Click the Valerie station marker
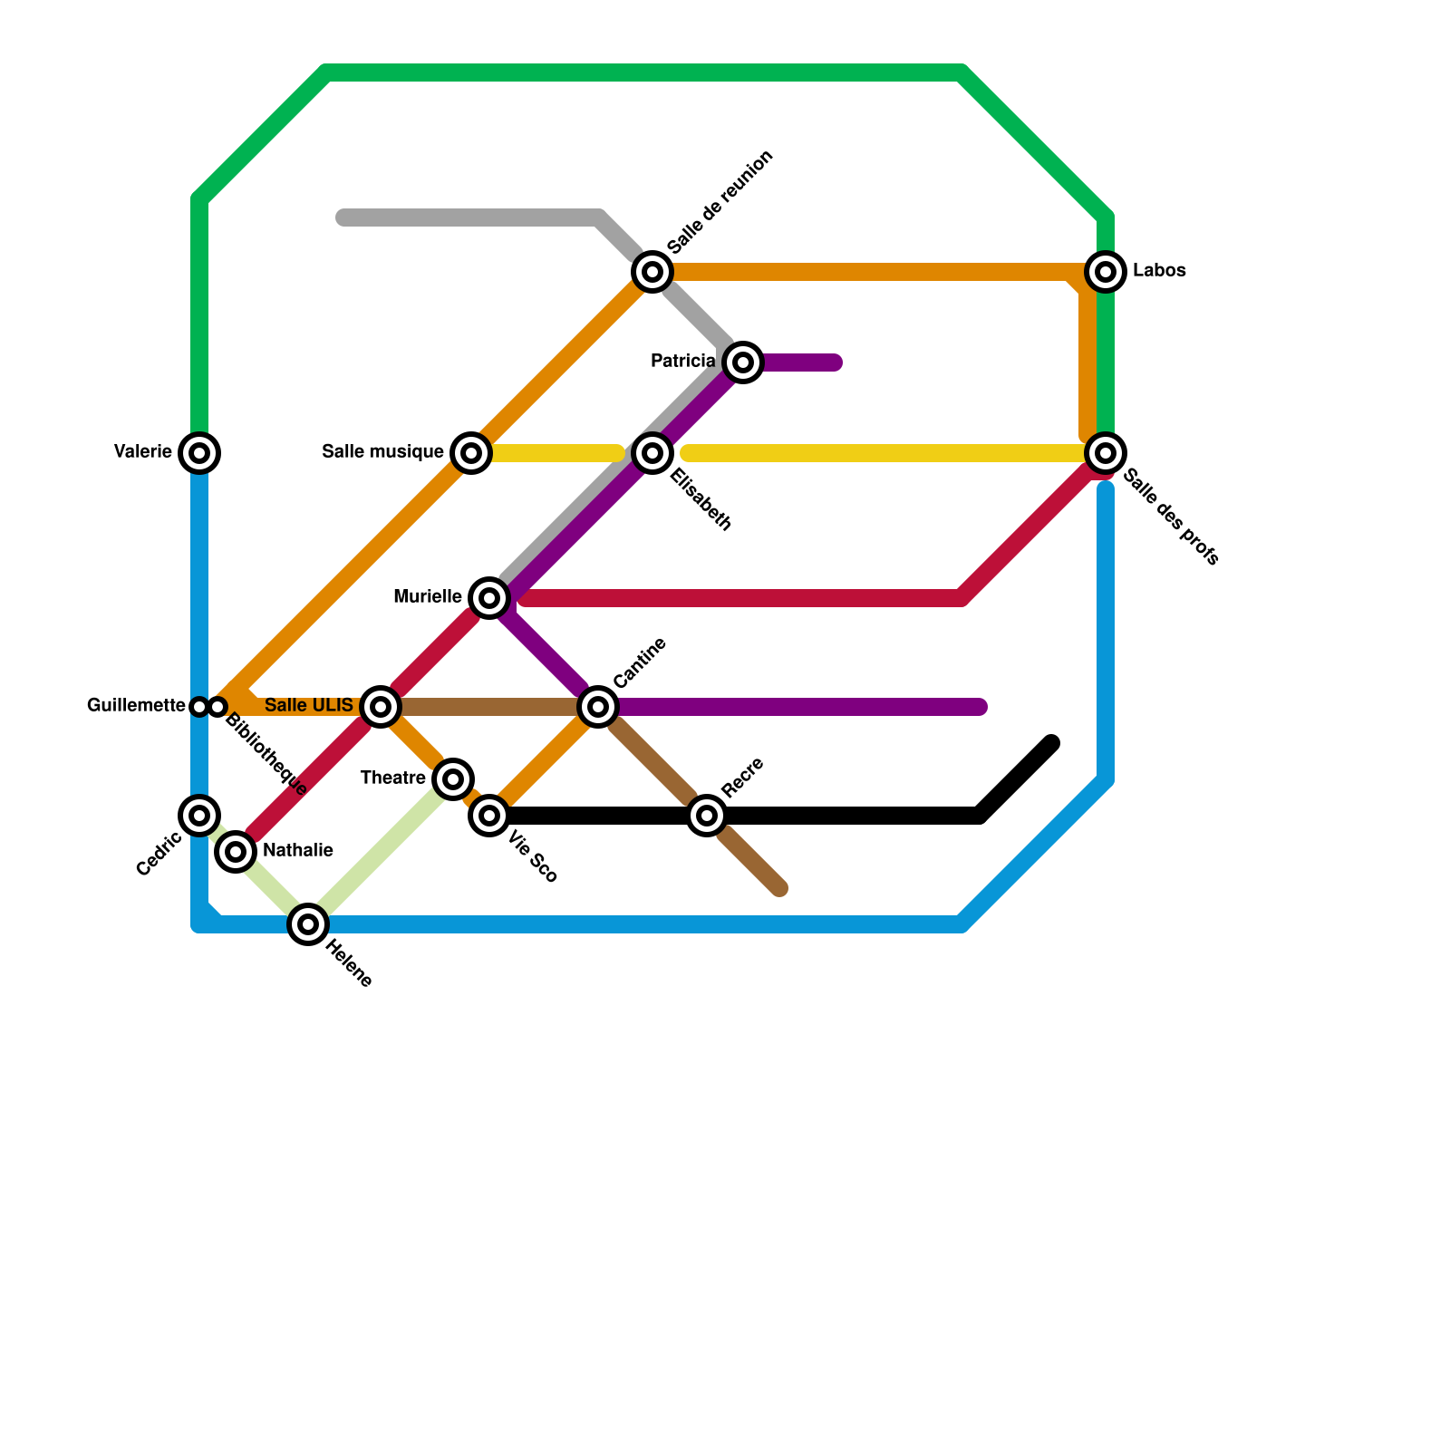pos(199,452)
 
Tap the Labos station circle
pos(1106,271)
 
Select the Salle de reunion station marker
pos(652,271)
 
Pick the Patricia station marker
pos(743,362)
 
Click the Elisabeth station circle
pos(652,452)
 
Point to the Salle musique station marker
pos(471,452)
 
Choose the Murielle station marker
pos(489,597)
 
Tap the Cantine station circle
pos(598,706)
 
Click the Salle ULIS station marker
pos(381,706)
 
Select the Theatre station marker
pos(453,778)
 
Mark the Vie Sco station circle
pos(489,816)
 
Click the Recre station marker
pos(707,816)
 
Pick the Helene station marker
pos(308,924)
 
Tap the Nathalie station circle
pos(236,852)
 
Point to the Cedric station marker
pos(199,815)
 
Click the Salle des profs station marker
pos(1106,452)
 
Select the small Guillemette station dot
pos(199,706)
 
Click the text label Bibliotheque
pos(266,755)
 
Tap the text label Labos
pos(1159,271)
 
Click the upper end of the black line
pos(1051,744)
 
